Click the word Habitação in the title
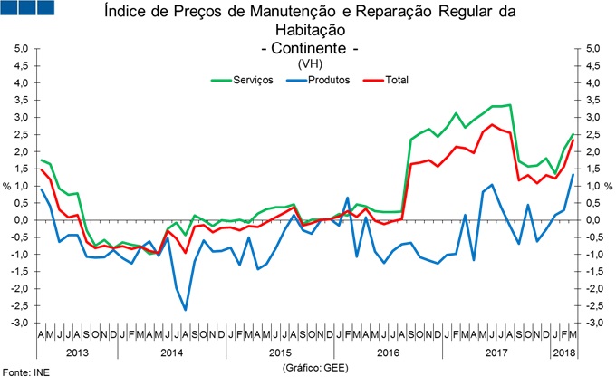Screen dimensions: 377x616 tap(308, 30)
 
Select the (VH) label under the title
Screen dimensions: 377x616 tap(308, 63)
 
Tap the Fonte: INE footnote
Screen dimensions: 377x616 tap(26, 371)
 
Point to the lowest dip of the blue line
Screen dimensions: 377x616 tap(186, 310)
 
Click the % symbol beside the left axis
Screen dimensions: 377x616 tap(6, 186)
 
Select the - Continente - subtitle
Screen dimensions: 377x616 tap(308, 47)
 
